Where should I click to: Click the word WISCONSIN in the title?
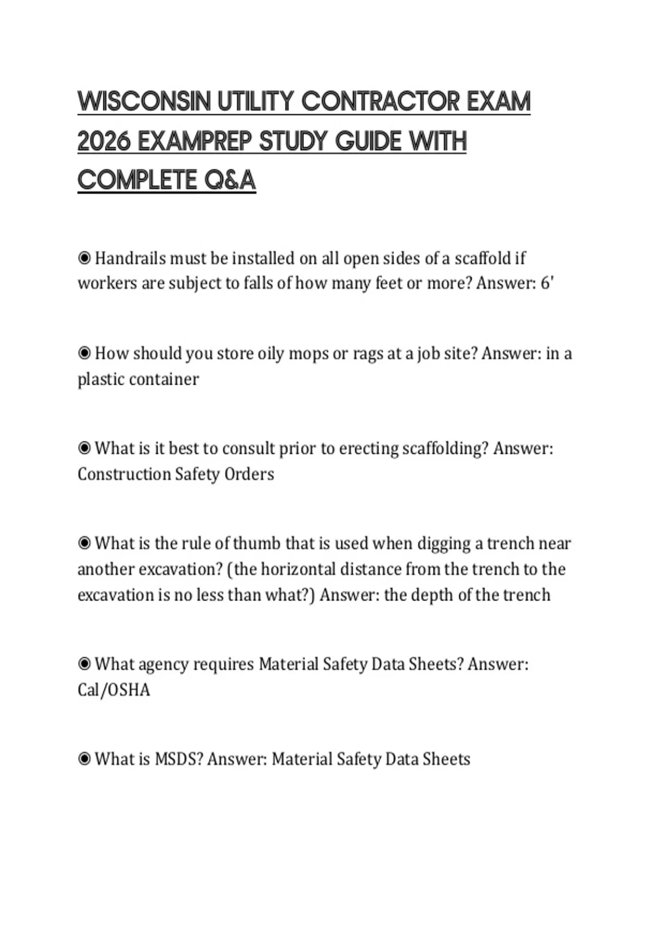coord(144,102)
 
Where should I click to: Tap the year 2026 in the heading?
coord(104,142)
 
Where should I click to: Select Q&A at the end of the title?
coord(230,180)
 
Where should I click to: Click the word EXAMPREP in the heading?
coord(195,142)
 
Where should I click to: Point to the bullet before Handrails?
coord(84,258)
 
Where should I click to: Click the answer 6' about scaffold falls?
coord(547,283)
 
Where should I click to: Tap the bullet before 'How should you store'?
coord(84,353)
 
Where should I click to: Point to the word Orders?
coord(249,474)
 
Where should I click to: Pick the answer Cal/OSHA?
coord(114,690)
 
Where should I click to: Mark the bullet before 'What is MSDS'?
coord(84,759)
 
